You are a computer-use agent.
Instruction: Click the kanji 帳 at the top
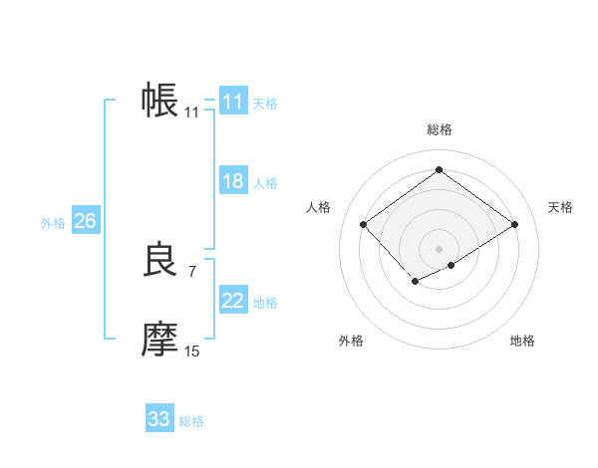pyautogui.click(x=160, y=101)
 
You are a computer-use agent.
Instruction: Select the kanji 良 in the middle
pyautogui.click(x=160, y=261)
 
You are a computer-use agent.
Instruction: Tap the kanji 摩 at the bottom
pyautogui.click(x=160, y=341)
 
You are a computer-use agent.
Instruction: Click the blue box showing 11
pyautogui.click(x=233, y=102)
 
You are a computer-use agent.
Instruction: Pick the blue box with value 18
pyautogui.click(x=233, y=181)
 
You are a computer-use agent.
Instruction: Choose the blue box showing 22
pyautogui.click(x=233, y=301)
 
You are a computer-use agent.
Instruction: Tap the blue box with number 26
pyautogui.click(x=85, y=221)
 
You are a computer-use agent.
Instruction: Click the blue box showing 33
pyautogui.click(x=159, y=419)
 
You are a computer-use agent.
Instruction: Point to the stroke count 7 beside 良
pyautogui.click(x=192, y=271)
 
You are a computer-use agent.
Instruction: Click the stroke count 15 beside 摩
pyautogui.click(x=192, y=351)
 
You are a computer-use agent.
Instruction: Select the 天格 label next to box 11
pyautogui.click(x=265, y=104)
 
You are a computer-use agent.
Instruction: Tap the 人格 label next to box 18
pyautogui.click(x=265, y=183)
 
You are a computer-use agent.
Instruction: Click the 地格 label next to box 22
pyautogui.click(x=265, y=303)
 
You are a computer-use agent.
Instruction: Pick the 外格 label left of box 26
pyautogui.click(x=53, y=223)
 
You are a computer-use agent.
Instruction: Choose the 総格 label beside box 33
pyautogui.click(x=191, y=421)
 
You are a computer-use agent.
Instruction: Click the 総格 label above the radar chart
pyautogui.click(x=439, y=129)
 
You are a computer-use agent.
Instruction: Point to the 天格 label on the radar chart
pyautogui.click(x=560, y=207)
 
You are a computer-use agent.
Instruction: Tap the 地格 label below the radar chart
pyautogui.click(x=522, y=341)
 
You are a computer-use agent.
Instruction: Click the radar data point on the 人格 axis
pyautogui.click(x=364, y=225)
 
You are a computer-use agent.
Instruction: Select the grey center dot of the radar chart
pyautogui.click(x=439, y=248)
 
